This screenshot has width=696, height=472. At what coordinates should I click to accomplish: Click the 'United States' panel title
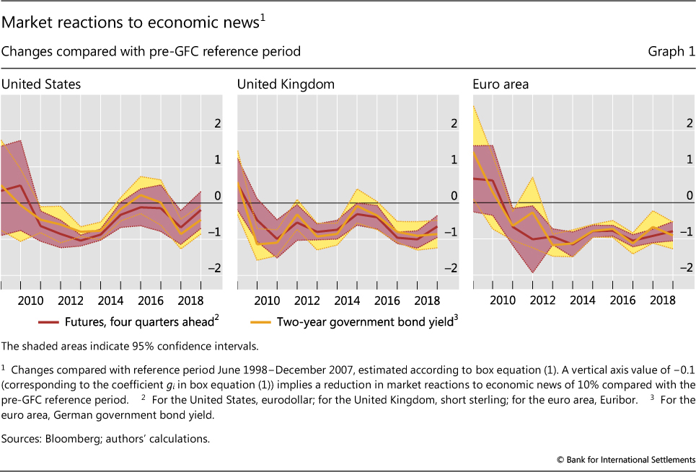tap(41, 84)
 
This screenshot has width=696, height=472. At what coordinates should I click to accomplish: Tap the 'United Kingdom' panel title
tap(286, 84)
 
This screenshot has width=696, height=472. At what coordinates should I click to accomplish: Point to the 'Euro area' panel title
tap(501, 84)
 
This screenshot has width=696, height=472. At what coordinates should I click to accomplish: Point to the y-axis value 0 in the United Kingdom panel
tap(455, 195)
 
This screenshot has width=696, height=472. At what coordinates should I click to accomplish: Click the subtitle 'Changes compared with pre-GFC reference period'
tap(151, 52)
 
